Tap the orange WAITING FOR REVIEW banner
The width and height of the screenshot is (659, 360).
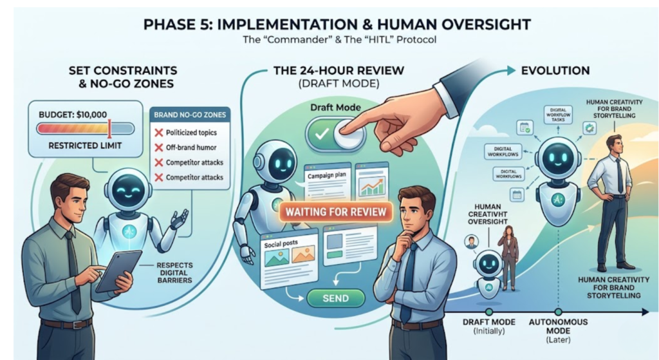(336, 212)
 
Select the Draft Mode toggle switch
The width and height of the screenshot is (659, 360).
(336, 133)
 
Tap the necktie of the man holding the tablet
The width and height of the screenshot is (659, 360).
(73, 270)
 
